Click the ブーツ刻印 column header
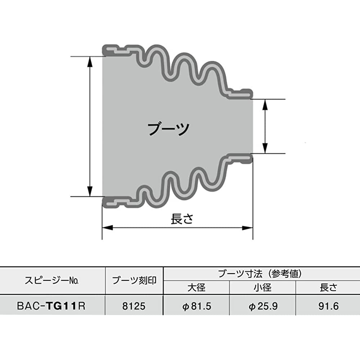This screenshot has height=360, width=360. [x=134, y=281]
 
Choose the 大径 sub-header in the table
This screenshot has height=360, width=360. [x=196, y=287]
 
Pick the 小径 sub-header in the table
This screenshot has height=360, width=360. [x=262, y=287]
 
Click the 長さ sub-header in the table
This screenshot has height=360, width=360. [x=328, y=287]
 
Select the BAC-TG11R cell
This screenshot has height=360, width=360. [x=51, y=306]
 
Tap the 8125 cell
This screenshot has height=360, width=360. [x=134, y=306]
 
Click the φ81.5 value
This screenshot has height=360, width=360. [x=196, y=306]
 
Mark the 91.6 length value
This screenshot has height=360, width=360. [x=328, y=306]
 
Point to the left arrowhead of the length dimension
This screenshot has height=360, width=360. [x=107, y=228]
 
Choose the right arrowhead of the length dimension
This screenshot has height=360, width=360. [x=248, y=228]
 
